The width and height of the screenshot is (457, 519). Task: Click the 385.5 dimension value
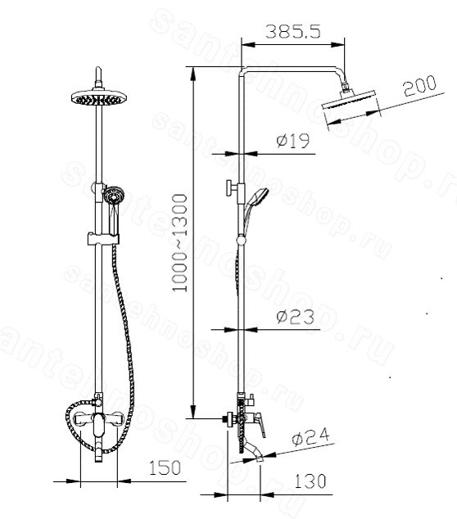(293, 32)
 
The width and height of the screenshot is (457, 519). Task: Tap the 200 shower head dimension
(420, 86)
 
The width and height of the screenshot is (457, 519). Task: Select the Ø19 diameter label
(292, 141)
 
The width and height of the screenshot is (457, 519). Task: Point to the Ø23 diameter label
(295, 317)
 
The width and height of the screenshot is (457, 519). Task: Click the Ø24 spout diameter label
(310, 436)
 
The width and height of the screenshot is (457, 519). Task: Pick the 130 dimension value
(310, 481)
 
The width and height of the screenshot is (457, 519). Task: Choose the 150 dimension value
(165, 467)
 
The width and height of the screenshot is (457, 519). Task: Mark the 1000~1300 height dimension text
(180, 243)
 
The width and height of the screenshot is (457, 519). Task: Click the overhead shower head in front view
(98, 98)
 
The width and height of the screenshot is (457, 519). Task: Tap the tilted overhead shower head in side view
(351, 106)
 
